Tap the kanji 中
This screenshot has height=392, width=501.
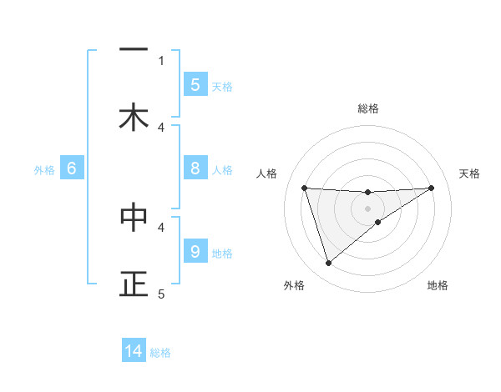pyautogui.click(x=134, y=217)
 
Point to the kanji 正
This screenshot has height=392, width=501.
pyautogui.click(x=134, y=284)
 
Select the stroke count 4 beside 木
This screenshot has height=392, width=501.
pyautogui.click(x=161, y=127)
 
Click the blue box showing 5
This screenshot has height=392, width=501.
pyautogui.click(x=195, y=84)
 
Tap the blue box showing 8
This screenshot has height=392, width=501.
pyautogui.click(x=195, y=168)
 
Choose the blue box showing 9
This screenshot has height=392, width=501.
pyautogui.click(x=195, y=251)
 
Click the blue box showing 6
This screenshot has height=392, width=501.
pyautogui.click(x=72, y=168)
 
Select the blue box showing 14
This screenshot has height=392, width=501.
pyautogui.click(x=134, y=352)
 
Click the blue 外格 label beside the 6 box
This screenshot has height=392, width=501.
pyautogui.click(x=44, y=170)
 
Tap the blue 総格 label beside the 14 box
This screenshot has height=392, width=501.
pyautogui.click(x=160, y=353)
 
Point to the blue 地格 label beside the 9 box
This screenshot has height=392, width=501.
pyautogui.click(x=222, y=254)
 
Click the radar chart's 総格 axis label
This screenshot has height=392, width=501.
pyautogui.click(x=368, y=108)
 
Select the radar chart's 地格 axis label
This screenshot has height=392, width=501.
pyautogui.click(x=438, y=285)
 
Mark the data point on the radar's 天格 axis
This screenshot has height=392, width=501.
pyautogui.click(x=431, y=188)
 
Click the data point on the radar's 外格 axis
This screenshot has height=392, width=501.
pyautogui.click(x=328, y=264)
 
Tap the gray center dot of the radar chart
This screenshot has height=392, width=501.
pyautogui.click(x=367, y=208)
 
